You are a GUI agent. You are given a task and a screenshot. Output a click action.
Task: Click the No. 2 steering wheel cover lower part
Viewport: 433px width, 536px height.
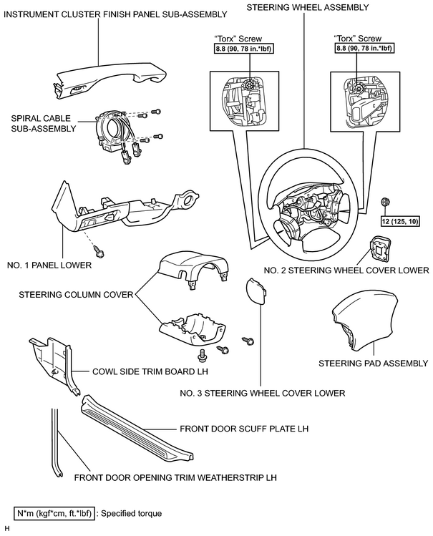coord(379,249)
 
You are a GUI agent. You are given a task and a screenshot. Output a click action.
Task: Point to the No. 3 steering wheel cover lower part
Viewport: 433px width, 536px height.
coord(256,291)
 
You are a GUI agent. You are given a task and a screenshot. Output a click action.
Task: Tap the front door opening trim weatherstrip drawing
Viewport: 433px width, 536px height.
coord(57,444)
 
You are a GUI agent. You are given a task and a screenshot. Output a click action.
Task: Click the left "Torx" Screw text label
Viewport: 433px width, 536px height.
coord(238,39)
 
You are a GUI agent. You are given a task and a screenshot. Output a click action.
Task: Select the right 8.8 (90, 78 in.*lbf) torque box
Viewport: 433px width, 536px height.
coord(364,48)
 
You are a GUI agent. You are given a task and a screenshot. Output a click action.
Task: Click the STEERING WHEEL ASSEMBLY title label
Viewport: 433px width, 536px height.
coord(308,7)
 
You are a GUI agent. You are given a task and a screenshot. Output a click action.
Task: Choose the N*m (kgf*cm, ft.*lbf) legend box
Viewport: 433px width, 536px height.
coord(54,513)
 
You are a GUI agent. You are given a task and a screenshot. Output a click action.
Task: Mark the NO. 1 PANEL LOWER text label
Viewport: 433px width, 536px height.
coord(49,265)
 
